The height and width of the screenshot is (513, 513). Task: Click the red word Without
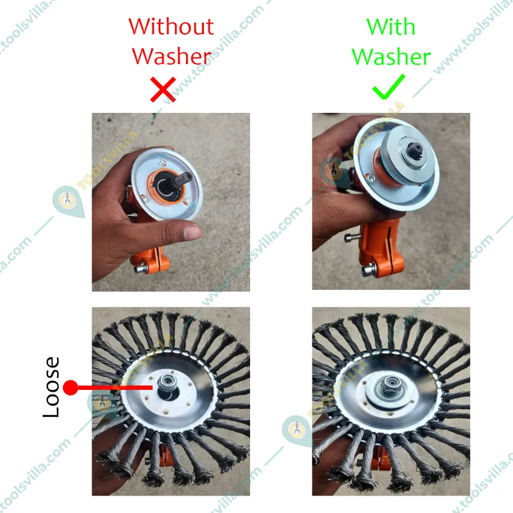pos(171,26)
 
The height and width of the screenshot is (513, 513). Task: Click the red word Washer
pos(172,56)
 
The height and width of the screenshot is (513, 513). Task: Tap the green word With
pos(391,26)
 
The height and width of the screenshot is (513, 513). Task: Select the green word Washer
pos(391,56)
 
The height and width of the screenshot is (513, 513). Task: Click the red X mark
pos(163,89)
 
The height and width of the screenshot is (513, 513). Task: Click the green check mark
pos(389,87)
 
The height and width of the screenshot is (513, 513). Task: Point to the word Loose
pos(51,387)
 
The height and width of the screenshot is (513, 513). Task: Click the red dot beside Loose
pos(71,387)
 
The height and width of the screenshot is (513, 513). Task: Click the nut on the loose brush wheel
pos(167,382)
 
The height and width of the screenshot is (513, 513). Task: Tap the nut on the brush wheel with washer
pos(390,385)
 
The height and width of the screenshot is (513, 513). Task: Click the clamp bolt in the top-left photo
pos(140,269)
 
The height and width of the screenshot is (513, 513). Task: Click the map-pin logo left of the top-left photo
pos(68,201)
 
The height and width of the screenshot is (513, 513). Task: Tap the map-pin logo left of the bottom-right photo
pos(297,431)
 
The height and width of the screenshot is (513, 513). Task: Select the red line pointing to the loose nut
pos(115,387)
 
